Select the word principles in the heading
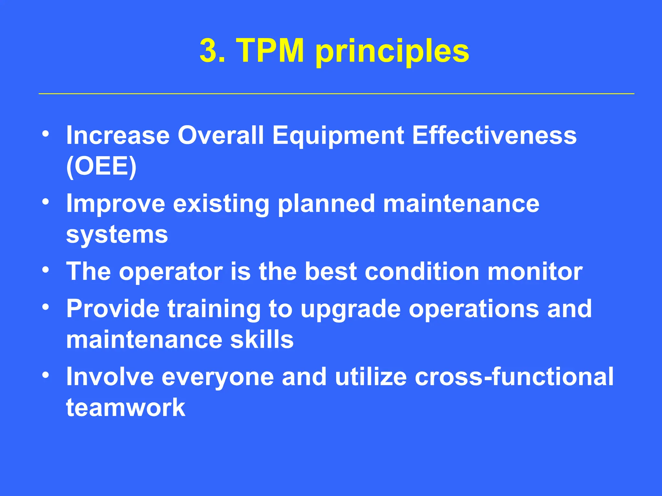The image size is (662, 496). pyautogui.click(x=392, y=52)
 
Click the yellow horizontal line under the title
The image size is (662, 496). pyautogui.click(x=336, y=94)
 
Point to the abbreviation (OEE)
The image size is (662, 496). pyautogui.click(x=101, y=166)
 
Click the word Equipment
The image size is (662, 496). pyautogui.click(x=338, y=136)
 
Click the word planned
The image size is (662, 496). pyautogui.click(x=326, y=204)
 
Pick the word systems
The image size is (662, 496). pyautogui.click(x=117, y=235)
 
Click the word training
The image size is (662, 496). pyautogui.click(x=214, y=309)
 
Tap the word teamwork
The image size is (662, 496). pyautogui.click(x=125, y=408)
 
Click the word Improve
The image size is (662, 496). pyautogui.click(x=115, y=204)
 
